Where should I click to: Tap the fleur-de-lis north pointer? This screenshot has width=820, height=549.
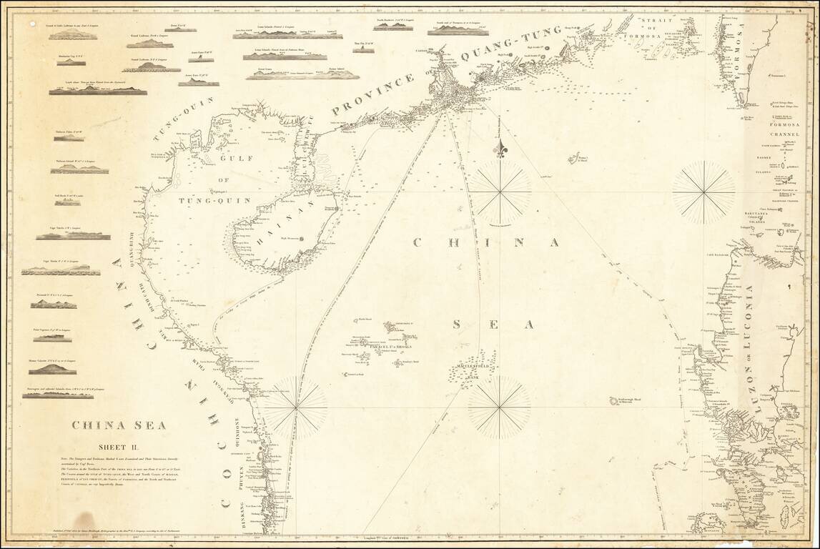pyautogui.click(x=500, y=149)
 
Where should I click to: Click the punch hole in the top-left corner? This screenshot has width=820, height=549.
pyautogui.click(x=31, y=24)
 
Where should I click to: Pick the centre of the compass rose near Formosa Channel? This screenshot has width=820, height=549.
pyautogui.click(x=703, y=191)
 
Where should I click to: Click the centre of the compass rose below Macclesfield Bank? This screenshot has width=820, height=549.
pyautogui.click(x=500, y=407)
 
